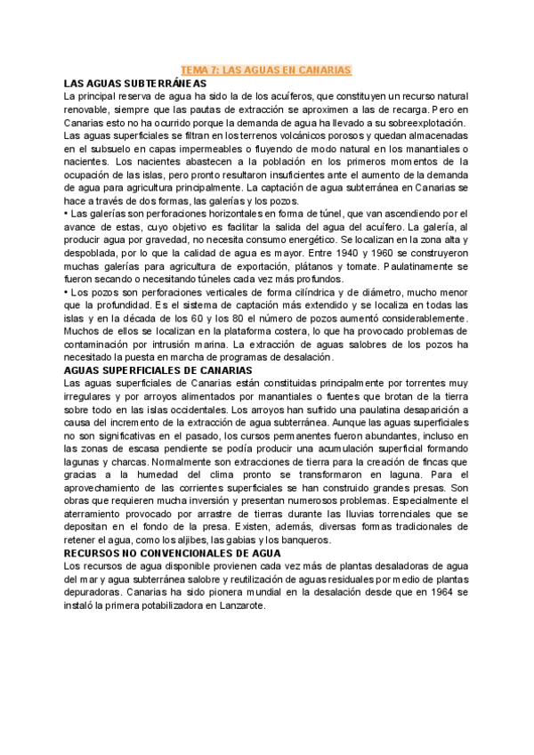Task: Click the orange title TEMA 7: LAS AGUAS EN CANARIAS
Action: coord(267,69)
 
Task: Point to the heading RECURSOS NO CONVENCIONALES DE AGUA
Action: coord(174,553)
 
